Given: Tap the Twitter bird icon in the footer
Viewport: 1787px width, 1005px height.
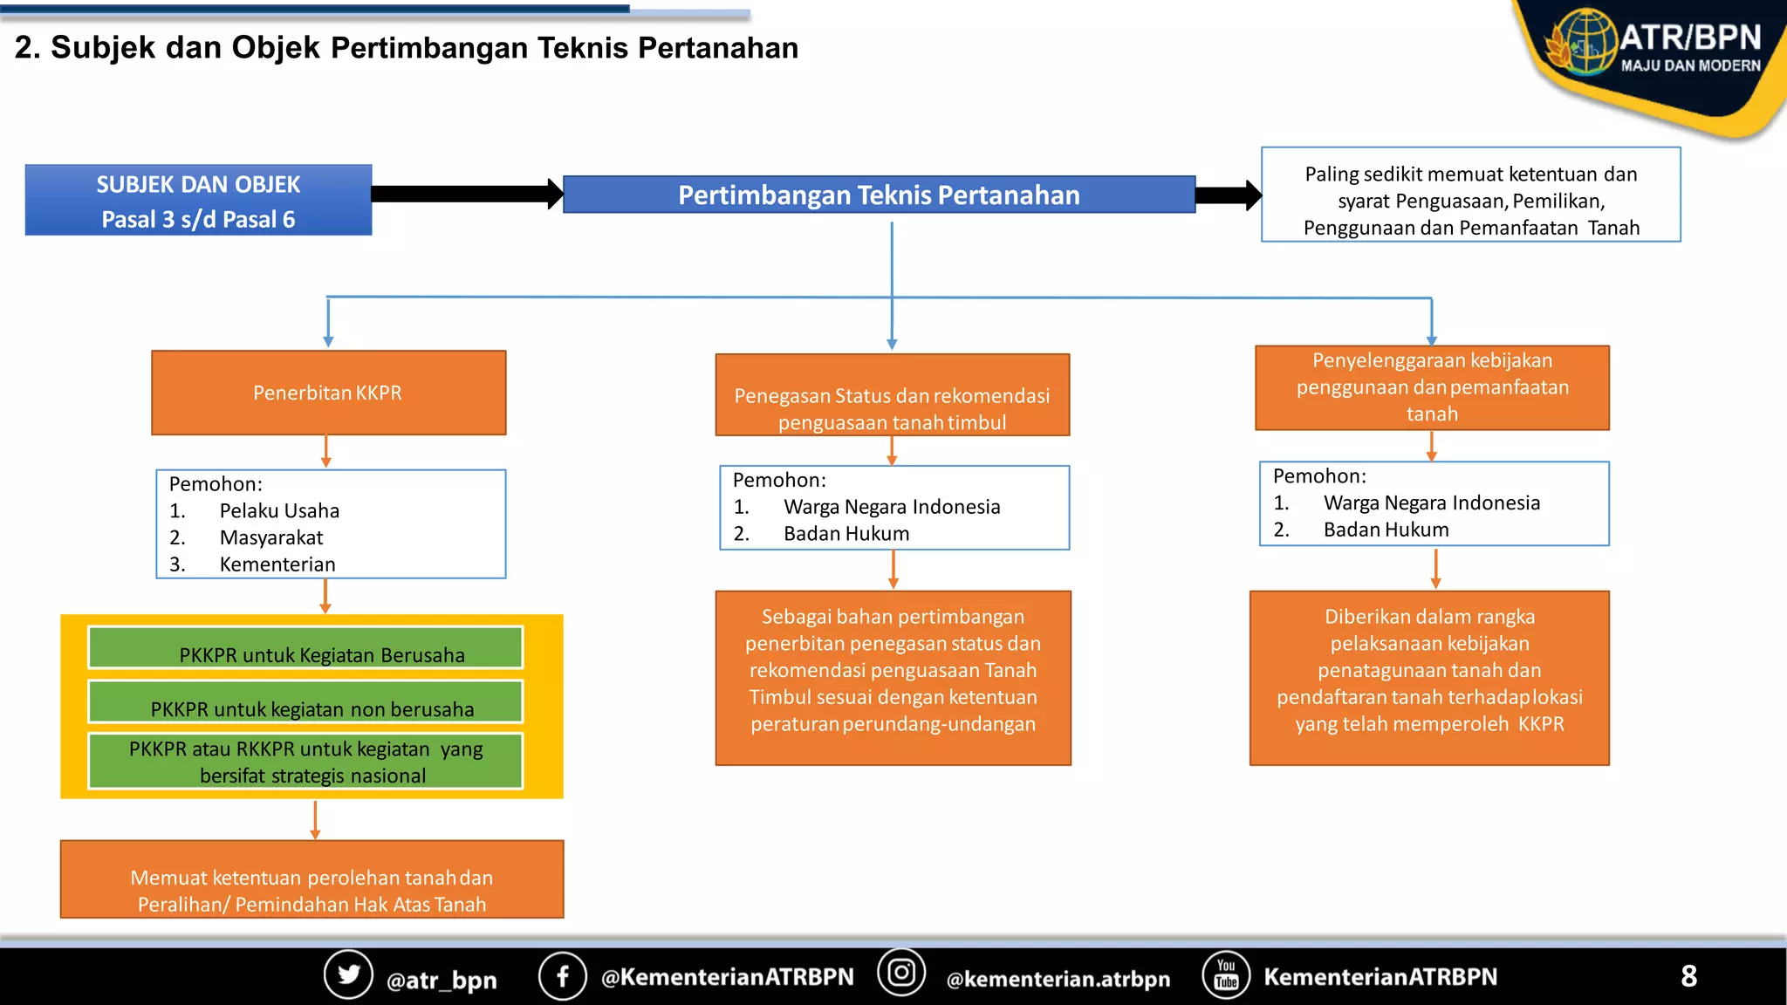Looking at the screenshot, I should (x=348, y=974).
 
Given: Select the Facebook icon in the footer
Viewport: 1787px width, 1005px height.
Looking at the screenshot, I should (x=562, y=975).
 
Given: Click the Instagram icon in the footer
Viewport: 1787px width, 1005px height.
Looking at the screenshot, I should (x=900, y=973).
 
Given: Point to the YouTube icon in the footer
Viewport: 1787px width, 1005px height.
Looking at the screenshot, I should (x=1226, y=974).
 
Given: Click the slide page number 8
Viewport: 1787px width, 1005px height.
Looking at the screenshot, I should (x=1688, y=976).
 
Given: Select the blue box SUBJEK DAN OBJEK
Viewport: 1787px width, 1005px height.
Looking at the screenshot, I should (x=198, y=201).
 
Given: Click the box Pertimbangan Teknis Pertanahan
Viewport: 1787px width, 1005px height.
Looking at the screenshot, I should (x=879, y=195).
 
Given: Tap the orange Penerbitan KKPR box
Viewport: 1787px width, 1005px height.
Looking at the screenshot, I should (x=328, y=393).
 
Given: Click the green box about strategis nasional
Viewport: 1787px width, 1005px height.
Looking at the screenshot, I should (x=305, y=762).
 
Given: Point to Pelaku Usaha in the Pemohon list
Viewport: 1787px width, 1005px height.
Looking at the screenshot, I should (x=279, y=511).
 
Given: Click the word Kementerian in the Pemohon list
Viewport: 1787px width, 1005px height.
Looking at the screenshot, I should (x=277, y=564).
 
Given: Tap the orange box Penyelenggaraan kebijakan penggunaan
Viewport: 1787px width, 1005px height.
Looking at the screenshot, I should (x=1432, y=387).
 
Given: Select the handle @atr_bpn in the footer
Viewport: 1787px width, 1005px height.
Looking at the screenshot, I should (x=442, y=980).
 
